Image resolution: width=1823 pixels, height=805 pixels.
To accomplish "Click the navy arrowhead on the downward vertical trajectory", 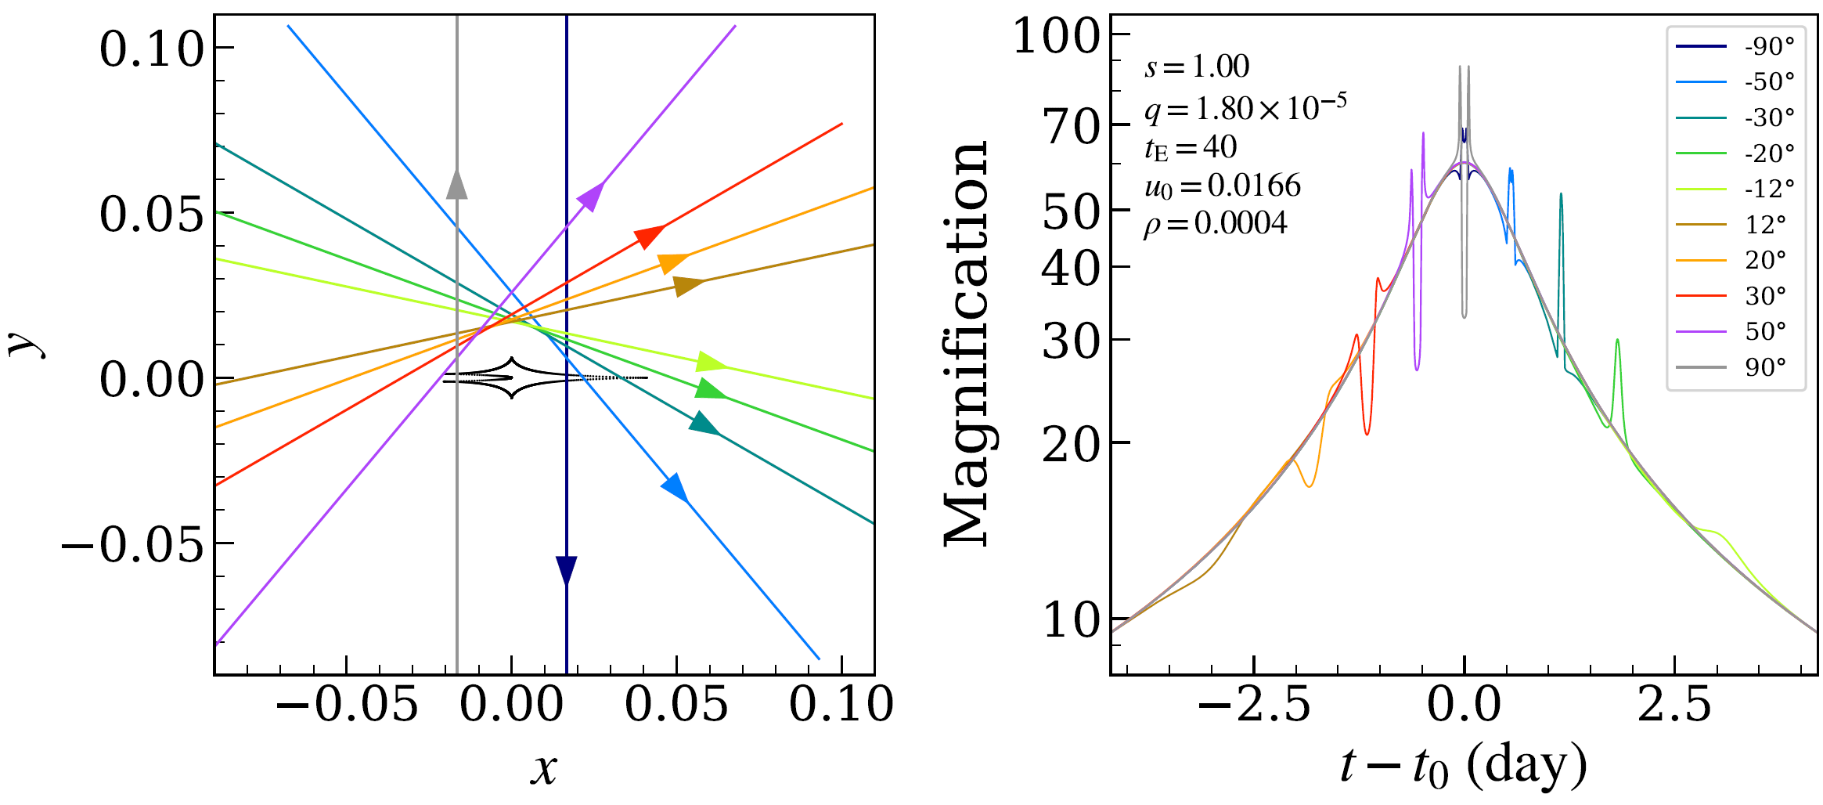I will coord(566,570).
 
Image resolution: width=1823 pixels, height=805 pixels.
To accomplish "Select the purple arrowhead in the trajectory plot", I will coord(591,196).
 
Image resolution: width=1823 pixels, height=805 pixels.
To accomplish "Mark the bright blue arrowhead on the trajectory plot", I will coord(676,487).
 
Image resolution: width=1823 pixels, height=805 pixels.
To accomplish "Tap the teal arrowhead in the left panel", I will coord(704,424).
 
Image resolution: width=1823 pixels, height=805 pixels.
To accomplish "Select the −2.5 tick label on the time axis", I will coord(1254,704).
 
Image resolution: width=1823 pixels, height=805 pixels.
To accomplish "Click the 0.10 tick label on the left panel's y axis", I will coord(152,49).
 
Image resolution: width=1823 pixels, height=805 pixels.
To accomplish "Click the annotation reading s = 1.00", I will coord(1197,67).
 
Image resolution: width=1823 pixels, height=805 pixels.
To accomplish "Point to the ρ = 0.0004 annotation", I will coord(1215,224).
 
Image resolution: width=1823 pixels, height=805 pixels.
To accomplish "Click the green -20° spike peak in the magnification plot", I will coord(1617,340).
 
